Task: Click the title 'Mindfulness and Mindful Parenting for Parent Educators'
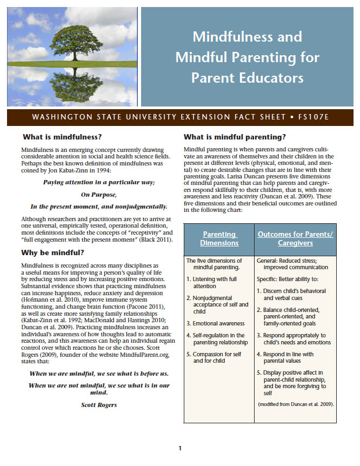(247, 57)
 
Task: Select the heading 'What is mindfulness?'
(62, 137)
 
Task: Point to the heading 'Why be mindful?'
(52, 252)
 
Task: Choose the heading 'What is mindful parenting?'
(235, 137)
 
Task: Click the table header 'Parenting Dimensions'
(220, 238)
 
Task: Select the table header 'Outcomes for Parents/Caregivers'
(295, 238)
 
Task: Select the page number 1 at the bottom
(180, 448)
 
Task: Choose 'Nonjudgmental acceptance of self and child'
(216, 304)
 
